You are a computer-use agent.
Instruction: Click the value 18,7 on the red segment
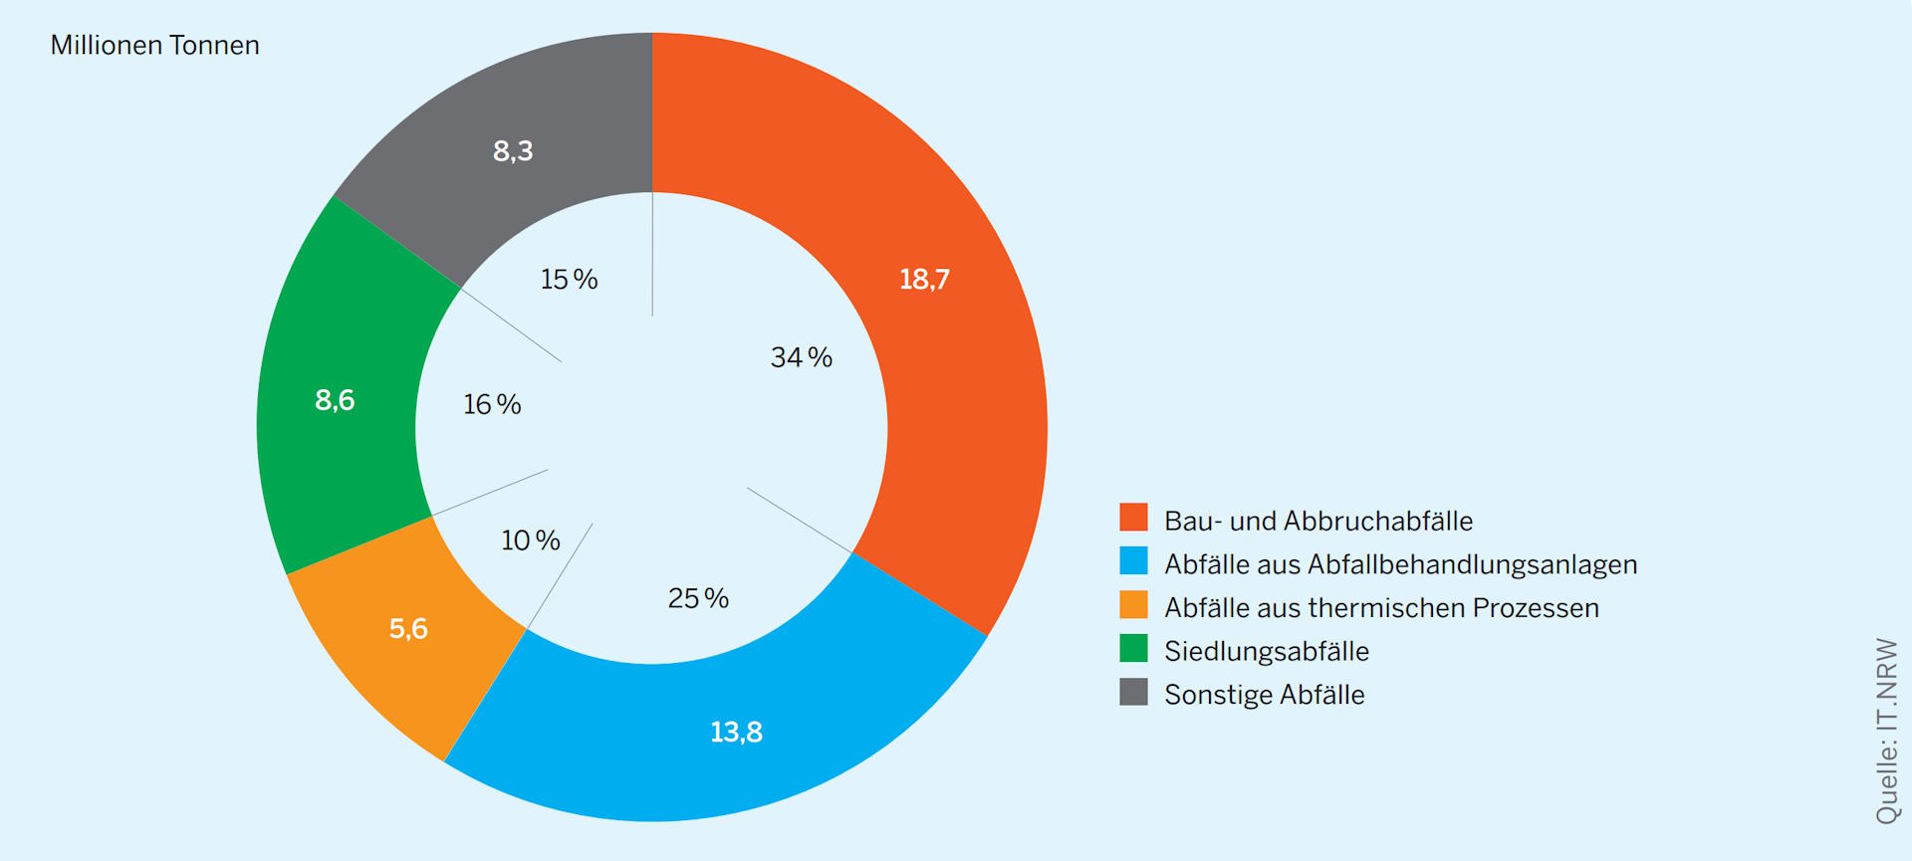coord(924,280)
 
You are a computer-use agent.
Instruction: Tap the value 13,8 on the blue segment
coord(736,733)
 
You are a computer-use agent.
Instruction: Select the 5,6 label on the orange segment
coord(408,629)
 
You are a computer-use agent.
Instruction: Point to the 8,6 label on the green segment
coord(335,400)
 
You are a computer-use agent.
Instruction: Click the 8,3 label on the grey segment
coord(513,151)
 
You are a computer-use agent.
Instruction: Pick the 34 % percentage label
coord(801,357)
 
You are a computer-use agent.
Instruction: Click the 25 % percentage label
coord(698,598)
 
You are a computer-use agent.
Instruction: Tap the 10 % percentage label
coord(530,540)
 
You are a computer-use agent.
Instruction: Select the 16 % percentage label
coord(492,404)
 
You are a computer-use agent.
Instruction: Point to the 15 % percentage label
coord(569,280)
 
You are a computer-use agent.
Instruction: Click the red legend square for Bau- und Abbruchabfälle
coord(1133,518)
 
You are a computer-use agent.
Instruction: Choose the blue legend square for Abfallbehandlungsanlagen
coord(1133,561)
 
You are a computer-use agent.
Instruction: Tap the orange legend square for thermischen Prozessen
coord(1133,605)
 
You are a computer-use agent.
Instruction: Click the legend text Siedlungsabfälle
coord(1266,651)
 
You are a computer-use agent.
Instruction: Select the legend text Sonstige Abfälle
coord(1264,695)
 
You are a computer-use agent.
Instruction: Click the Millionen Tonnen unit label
coord(154,46)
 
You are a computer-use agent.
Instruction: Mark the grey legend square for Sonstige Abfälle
coord(1133,692)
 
